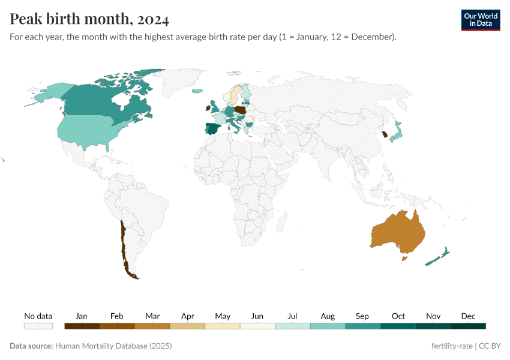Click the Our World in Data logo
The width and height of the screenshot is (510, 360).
tap(480, 20)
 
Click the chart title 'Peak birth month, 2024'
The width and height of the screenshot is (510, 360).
tap(89, 19)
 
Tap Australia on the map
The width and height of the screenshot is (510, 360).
tap(398, 232)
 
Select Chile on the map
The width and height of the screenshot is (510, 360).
tap(124, 246)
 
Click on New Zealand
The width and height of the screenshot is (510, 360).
tap(437, 257)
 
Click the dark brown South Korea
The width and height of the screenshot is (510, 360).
tap(384, 134)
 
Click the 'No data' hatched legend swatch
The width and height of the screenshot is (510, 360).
tap(38, 326)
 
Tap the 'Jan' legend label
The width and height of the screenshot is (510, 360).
tap(82, 316)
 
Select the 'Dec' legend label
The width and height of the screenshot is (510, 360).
tap(468, 316)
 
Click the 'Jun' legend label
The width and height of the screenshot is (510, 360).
tap(257, 316)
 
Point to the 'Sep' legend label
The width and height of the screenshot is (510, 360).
tap(362, 316)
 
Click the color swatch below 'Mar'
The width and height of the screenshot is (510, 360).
tap(152, 326)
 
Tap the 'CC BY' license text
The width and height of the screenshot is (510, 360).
tap(489, 346)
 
